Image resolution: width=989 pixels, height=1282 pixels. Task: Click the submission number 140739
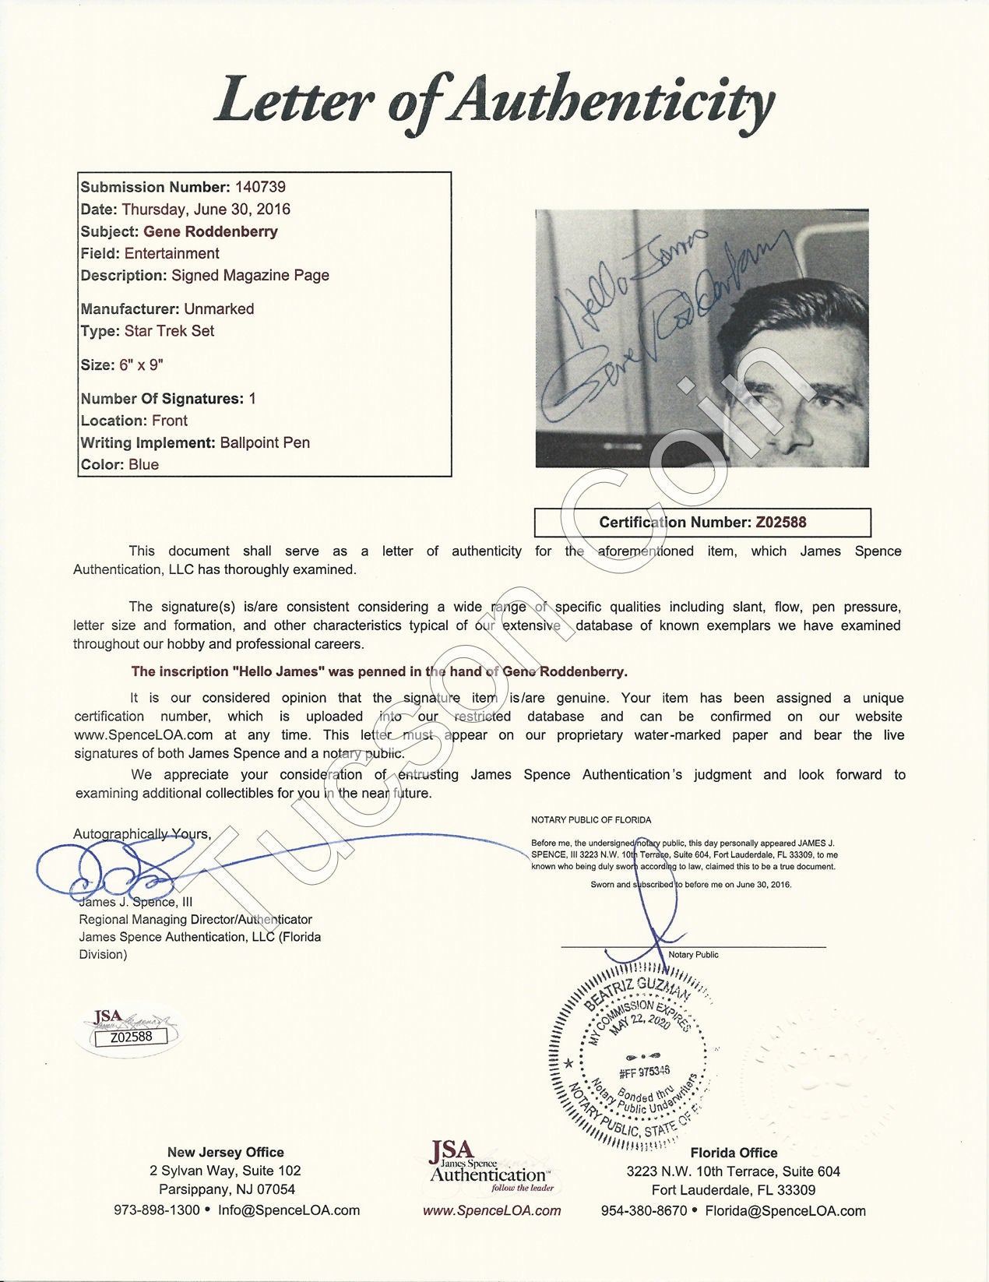(x=260, y=187)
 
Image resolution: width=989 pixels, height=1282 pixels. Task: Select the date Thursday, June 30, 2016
(x=206, y=209)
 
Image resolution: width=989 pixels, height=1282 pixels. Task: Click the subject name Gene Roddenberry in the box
(x=210, y=231)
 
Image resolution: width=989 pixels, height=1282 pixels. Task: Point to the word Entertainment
(x=172, y=253)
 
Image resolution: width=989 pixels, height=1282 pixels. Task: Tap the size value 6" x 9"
(x=141, y=365)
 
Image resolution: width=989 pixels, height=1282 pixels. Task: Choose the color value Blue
(x=143, y=464)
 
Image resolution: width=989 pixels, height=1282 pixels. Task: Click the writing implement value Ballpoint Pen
(x=265, y=442)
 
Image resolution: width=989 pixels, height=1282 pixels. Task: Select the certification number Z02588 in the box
(x=781, y=523)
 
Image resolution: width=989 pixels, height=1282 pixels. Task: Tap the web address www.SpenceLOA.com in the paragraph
(x=143, y=735)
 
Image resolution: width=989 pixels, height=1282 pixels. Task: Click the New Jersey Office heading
(x=225, y=1152)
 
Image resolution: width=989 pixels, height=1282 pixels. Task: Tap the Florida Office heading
(x=734, y=1153)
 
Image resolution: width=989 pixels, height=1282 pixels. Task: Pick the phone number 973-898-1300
(x=157, y=1210)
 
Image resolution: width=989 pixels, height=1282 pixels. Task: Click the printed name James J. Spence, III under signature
(x=136, y=902)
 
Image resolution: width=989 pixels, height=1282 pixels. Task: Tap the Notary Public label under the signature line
(x=693, y=955)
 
